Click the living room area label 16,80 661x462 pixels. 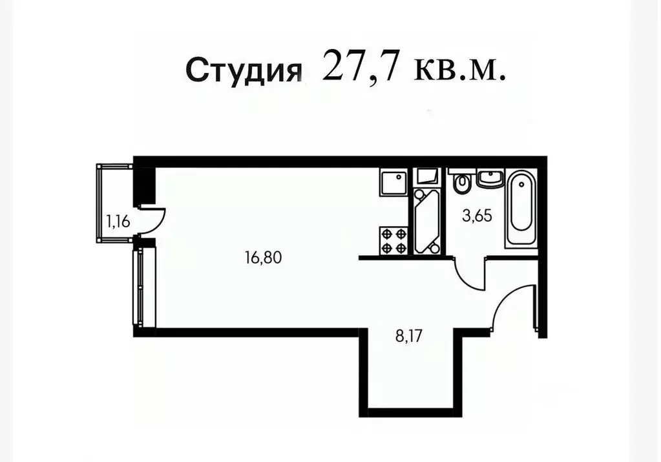click(x=264, y=258)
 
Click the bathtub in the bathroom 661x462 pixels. click(x=521, y=208)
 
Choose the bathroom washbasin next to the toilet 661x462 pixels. click(x=490, y=180)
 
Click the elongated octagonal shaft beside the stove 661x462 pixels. click(x=426, y=219)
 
